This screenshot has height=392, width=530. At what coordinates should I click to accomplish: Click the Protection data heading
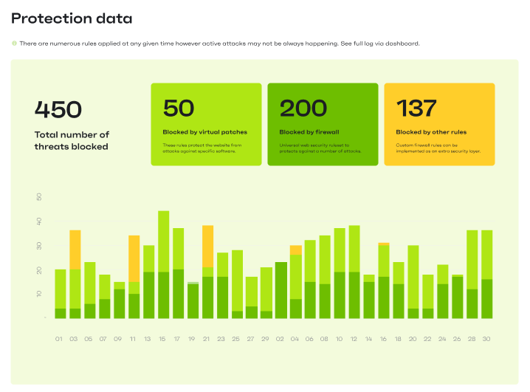(x=72, y=18)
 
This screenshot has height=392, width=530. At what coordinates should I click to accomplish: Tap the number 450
(x=58, y=109)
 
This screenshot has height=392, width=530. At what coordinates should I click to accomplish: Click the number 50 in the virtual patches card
(x=179, y=109)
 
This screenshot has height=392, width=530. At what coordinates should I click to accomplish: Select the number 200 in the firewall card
(x=303, y=109)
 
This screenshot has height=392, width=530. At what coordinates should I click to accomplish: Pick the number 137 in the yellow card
(x=417, y=109)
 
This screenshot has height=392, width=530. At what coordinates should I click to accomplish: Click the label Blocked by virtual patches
(x=204, y=132)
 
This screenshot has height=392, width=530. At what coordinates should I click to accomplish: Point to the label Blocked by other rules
(x=430, y=132)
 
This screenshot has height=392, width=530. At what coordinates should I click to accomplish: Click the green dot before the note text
(x=14, y=44)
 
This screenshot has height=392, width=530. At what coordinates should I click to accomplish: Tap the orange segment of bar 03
(x=75, y=250)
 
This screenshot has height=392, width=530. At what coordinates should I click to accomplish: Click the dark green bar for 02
(x=281, y=290)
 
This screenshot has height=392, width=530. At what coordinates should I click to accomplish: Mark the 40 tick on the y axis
(x=38, y=221)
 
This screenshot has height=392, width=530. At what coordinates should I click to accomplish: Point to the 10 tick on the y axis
(x=38, y=294)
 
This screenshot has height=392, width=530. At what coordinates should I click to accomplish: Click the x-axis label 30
(x=486, y=339)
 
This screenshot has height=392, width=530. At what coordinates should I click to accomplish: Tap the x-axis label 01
(x=60, y=339)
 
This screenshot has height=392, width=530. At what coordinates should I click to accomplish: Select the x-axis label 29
(x=266, y=339)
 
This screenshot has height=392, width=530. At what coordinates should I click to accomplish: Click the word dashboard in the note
(x=400, y=44)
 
